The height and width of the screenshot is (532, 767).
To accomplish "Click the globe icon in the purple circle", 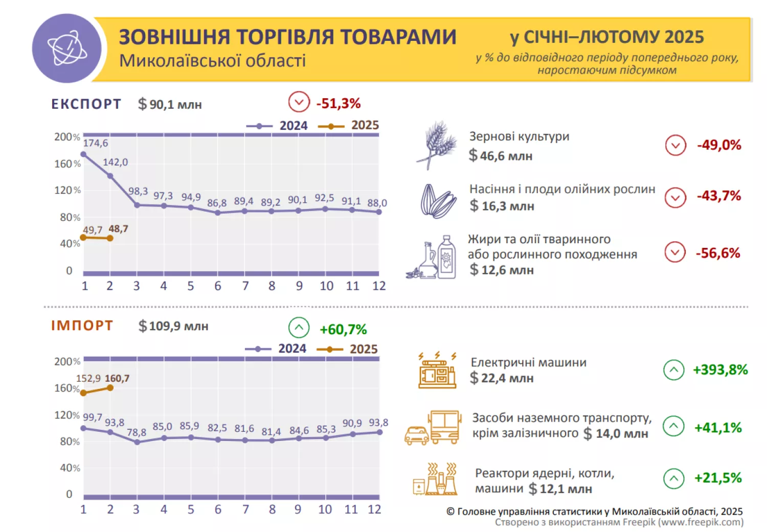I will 67,49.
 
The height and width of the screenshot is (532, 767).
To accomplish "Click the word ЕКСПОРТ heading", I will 86,104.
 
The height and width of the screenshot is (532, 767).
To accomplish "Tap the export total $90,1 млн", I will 170,104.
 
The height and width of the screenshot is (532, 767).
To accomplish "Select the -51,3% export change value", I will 339,103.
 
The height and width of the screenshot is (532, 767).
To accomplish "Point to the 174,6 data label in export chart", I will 96,143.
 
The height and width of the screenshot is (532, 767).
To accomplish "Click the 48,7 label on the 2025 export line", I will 118,228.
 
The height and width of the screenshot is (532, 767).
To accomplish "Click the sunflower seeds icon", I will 438,201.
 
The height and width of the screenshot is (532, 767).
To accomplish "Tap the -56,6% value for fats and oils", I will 717,253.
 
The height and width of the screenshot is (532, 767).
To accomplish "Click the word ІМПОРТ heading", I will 82,326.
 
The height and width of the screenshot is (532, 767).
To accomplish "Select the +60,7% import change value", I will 343,329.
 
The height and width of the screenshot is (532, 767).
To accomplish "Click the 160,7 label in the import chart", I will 117,378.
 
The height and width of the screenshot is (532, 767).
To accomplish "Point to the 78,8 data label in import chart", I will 137,432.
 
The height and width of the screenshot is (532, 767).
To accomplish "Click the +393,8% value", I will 720,369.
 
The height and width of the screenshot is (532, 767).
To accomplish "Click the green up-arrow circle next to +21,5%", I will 673,478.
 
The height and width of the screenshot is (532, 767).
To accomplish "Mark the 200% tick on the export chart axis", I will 67,137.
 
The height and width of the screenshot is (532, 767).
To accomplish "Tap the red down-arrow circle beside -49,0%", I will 675,145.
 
